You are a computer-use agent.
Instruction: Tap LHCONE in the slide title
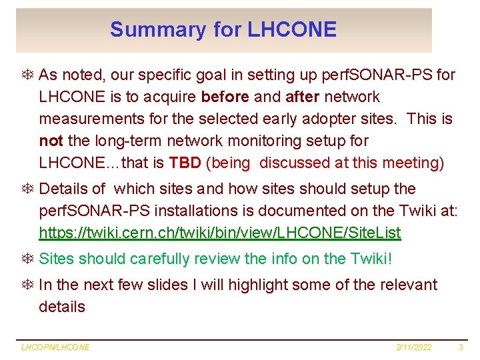tap(292, 30)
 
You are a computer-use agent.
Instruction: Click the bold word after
tap(303, 97)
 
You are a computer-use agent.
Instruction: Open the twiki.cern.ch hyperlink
tap(220, 233)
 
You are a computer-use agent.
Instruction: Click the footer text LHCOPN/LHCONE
tap(55, 347)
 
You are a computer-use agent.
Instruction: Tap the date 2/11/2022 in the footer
tap(415, 347)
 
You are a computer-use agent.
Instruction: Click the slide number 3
tap(461, 347)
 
